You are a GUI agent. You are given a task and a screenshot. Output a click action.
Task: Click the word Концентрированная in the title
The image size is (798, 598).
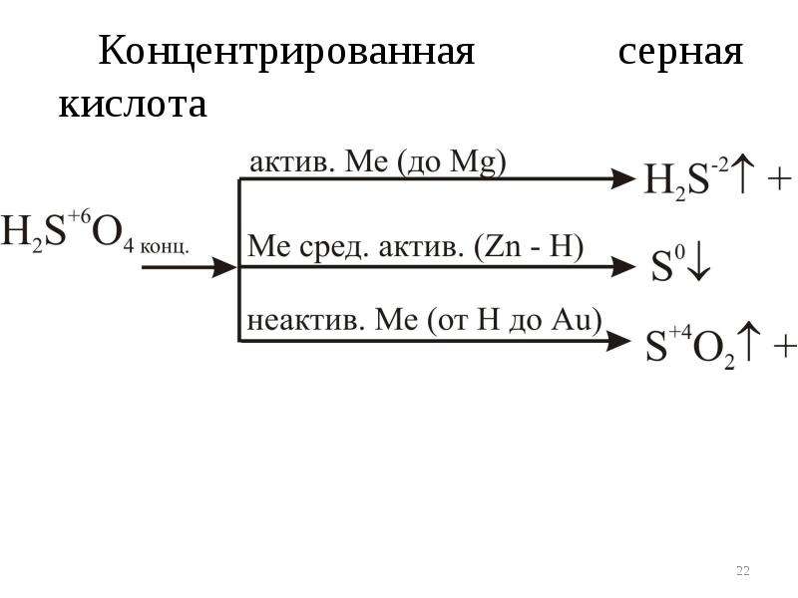click(x=286, y=52)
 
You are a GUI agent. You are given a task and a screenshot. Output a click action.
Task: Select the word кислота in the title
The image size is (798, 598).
click(x=133, y=105)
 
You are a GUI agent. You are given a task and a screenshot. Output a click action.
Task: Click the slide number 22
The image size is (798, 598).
click(x=742, y=570)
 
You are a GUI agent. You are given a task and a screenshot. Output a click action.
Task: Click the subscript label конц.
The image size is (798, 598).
click(x=165, y=247)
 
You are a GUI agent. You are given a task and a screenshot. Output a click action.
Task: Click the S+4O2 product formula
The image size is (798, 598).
click(x=690, y=347)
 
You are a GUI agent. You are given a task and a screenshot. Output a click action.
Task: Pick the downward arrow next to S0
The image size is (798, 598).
click(x=699, y=263)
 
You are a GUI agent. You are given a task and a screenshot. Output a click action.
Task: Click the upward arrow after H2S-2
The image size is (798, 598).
click(x=742, y=175)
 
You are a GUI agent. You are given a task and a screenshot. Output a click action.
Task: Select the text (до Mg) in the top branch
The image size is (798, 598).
click(x=451, y=163)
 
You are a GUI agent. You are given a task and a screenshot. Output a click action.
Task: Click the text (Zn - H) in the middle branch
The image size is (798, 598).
click(x=529, y=247)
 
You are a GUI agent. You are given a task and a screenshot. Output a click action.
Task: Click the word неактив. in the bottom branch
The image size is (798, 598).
click(x=306, y=321)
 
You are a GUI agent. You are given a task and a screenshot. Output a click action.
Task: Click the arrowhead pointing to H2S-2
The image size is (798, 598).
click(x=624, y=179)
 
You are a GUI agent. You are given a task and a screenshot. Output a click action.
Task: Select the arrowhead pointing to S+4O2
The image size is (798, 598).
click(x=617, y=341)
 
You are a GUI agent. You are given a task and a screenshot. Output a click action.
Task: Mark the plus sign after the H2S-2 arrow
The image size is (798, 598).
click(x=779, y=179)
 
